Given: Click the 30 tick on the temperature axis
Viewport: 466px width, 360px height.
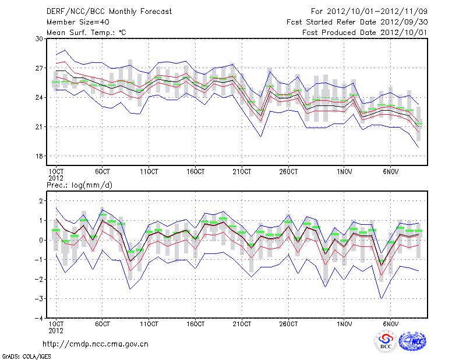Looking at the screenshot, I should [x=40, y=38].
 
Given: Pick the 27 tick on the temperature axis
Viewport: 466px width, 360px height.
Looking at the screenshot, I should [x=40, y=68].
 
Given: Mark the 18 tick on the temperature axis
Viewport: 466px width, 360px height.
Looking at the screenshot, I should [x=40, y=156].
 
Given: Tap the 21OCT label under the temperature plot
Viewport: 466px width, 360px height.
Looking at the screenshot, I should [x=242, y=172].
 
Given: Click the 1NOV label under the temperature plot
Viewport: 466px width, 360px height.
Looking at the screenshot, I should [x=345, y=172].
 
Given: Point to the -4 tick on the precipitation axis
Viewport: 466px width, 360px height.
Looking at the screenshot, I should [x=40, y=319].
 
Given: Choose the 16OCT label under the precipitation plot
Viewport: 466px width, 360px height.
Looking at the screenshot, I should [x=196, y=323].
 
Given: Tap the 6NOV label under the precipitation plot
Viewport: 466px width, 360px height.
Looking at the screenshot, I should [x=391, y=323].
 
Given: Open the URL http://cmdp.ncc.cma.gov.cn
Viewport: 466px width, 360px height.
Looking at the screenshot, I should [x=96, y=344].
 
